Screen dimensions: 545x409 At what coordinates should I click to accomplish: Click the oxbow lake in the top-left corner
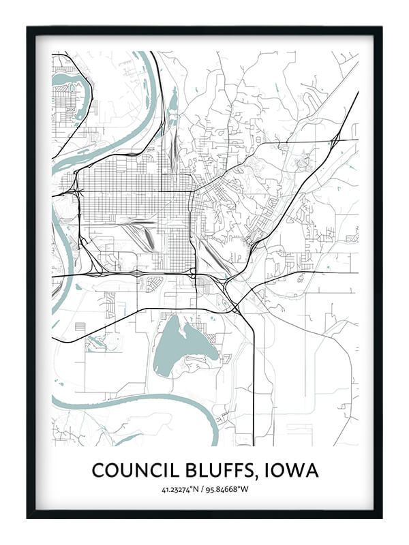pyautogui.click(x=68, y=85)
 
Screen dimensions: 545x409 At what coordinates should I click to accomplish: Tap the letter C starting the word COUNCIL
pyautogui.click(x=97, y=470)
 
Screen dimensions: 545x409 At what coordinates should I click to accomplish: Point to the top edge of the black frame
pyautogui.click(x=204, y=30)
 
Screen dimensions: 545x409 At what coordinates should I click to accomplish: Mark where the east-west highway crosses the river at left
pyautogui.click(x=61, y=276)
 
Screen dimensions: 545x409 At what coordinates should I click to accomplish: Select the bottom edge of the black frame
pyautogui.click(x=204, y=515)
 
